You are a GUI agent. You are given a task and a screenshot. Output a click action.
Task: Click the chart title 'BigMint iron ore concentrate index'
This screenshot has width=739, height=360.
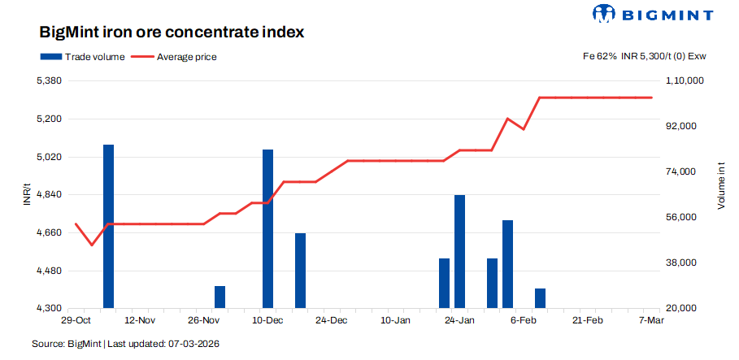point(172,33)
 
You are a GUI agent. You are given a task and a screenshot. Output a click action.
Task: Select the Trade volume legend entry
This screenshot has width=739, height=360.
point(81,57)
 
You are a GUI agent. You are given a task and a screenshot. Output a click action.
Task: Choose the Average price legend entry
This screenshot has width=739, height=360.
point(174,57)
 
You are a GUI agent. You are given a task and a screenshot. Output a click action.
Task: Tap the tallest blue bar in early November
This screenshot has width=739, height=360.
point(108,227)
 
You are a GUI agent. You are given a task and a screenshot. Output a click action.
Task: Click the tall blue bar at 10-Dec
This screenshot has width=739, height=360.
point(267,229)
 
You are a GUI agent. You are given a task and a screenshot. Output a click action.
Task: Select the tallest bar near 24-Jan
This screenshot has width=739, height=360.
point(459,252)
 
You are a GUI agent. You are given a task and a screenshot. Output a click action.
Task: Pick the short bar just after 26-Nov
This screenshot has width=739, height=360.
point(220,297)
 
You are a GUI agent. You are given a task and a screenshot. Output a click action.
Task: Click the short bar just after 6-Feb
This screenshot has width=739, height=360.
point(540,298)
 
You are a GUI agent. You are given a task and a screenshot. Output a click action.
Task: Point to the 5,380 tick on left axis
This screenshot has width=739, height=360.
point(50,81)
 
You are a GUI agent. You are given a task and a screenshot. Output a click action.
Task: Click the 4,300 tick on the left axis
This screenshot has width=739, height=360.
point(50,309)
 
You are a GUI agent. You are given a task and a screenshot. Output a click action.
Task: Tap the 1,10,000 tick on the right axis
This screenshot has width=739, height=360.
point(684,81)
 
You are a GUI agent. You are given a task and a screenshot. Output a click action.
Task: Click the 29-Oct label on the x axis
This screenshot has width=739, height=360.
point(76,321)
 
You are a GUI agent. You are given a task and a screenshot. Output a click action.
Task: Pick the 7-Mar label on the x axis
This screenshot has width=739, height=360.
point(652,321)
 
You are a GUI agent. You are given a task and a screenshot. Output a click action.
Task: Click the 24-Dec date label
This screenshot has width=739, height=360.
point(331,321)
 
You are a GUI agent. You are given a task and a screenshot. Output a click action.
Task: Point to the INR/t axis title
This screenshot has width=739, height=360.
point(27,195)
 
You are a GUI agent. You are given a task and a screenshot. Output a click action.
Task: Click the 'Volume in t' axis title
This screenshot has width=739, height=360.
point(720,185)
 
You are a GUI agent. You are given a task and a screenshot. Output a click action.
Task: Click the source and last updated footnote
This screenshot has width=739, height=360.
point(126,345)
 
